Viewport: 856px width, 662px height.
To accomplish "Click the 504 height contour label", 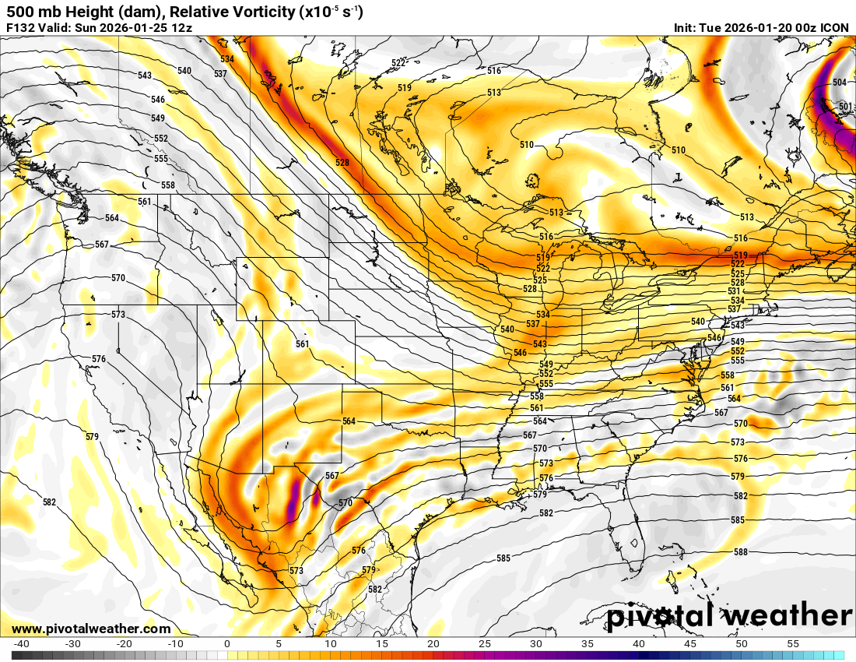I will click(x=840, y=83).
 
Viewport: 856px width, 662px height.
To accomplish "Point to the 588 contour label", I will click(x=740, y=552).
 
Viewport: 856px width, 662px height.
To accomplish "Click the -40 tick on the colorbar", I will click(x=21, y=644).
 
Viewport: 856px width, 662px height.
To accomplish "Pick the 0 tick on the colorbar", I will click(x=226, y=644).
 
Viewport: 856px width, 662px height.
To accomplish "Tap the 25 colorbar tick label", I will click(x=485, y=644).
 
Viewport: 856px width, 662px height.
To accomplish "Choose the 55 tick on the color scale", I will click(x=793, y=644).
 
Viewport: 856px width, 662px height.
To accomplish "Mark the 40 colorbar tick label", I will click(x=639, y=644).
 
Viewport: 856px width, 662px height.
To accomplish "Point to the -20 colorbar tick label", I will click(x=124, y=644).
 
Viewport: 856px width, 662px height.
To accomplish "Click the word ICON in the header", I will click(x=835, y=28).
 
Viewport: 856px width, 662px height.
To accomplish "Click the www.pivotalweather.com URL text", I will click(x=91, y=629).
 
